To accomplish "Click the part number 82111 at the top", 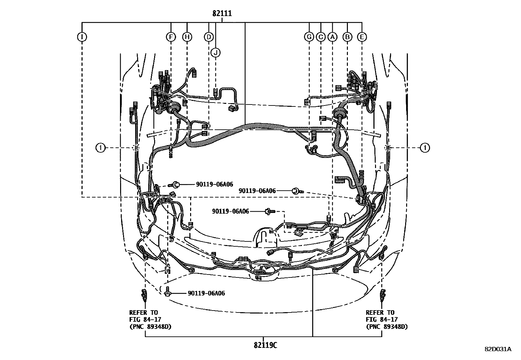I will [x=222, y=14].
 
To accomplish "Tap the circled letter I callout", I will [x=82, y=37].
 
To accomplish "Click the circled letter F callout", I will [x=171, y=37].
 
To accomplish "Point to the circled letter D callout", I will [x=209, y=37].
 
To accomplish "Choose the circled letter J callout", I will [x=215, y=52].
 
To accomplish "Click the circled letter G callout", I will [x=309, y=37].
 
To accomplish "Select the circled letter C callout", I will [x=321, y=37].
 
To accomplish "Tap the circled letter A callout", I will [x=332, y=37].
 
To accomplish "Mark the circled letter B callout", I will [x=347, y=37].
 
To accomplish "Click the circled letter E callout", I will [x=362, y=37].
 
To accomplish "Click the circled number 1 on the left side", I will [x=100, y=148].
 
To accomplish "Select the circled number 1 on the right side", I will [x=425, y=148].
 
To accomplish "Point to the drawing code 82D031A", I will [x=498, y=349].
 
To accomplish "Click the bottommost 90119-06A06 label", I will [x=206, y=294].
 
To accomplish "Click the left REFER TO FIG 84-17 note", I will [x=150, y=320].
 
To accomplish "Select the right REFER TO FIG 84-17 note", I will [x=386, y=320].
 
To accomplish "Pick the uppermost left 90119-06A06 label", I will [x=215, y=185].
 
